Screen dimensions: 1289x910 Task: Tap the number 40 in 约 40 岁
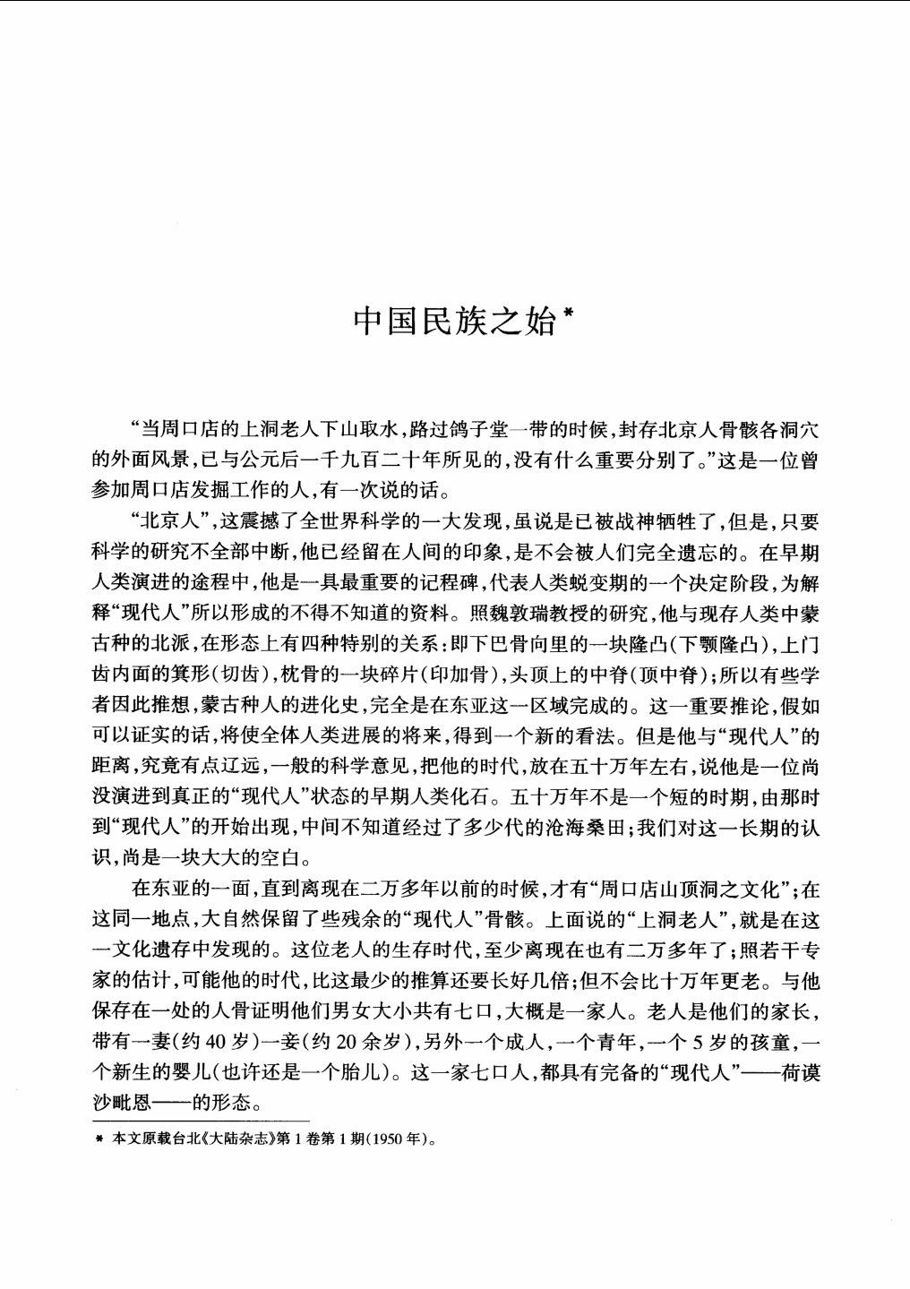(221, 1043)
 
